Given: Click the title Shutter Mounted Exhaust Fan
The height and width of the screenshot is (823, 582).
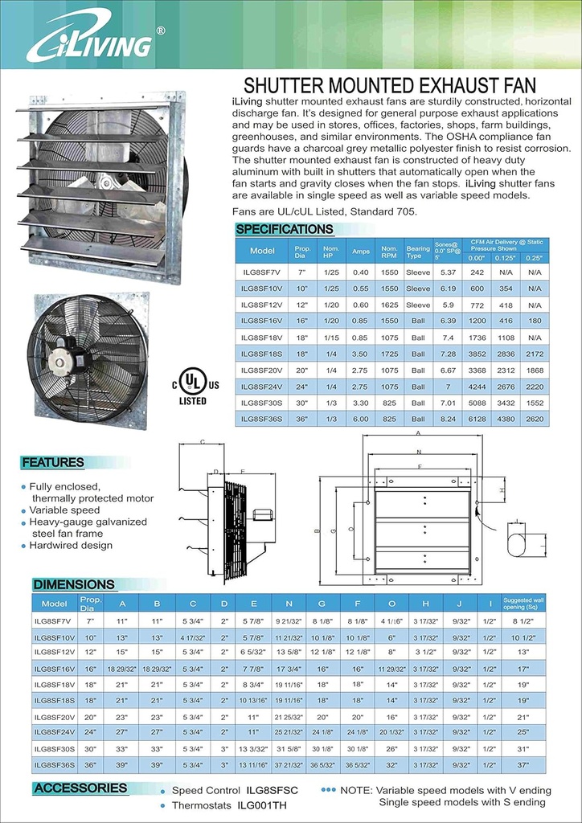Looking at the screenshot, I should (x=389, y=86).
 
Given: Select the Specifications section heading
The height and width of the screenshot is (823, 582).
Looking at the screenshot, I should (x=285, y=229).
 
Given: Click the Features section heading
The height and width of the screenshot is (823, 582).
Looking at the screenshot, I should (x=53, y=462).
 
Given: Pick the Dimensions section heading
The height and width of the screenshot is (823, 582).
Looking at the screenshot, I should (x=74, y=584).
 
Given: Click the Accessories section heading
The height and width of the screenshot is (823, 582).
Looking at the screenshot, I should (x=80, y=788).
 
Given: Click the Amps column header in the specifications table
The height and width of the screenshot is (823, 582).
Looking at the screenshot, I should (x=360, y=251).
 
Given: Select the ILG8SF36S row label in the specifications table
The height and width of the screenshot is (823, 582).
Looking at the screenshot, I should (x=262, y=419).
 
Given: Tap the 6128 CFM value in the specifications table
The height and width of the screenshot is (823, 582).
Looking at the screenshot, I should (x=477, y=419).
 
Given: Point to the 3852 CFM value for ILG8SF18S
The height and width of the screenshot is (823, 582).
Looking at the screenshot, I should (x=477, y=354).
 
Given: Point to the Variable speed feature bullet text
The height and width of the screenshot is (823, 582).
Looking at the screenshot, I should (x=64, y=510).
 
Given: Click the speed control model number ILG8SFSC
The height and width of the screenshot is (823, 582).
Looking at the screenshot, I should (x=271, y=791).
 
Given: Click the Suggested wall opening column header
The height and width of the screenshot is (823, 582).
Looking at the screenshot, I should (x=524, y=603).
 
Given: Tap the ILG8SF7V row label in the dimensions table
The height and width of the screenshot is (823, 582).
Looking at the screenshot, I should (x=54, y=621).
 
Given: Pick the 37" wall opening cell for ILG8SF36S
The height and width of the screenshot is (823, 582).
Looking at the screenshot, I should (x=524, y=764).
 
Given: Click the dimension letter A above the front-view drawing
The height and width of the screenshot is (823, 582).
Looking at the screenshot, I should (x=417, y=432).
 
